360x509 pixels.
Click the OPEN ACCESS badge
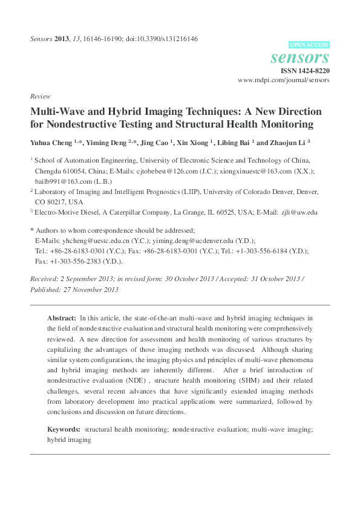click(309, 45)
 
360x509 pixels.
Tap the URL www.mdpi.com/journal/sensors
click(283, 80)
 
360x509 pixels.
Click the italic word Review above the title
click(40, 96)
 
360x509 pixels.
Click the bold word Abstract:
click(62, 317)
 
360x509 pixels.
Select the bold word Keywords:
click(64, 429)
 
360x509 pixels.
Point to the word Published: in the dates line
click(47, 290)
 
